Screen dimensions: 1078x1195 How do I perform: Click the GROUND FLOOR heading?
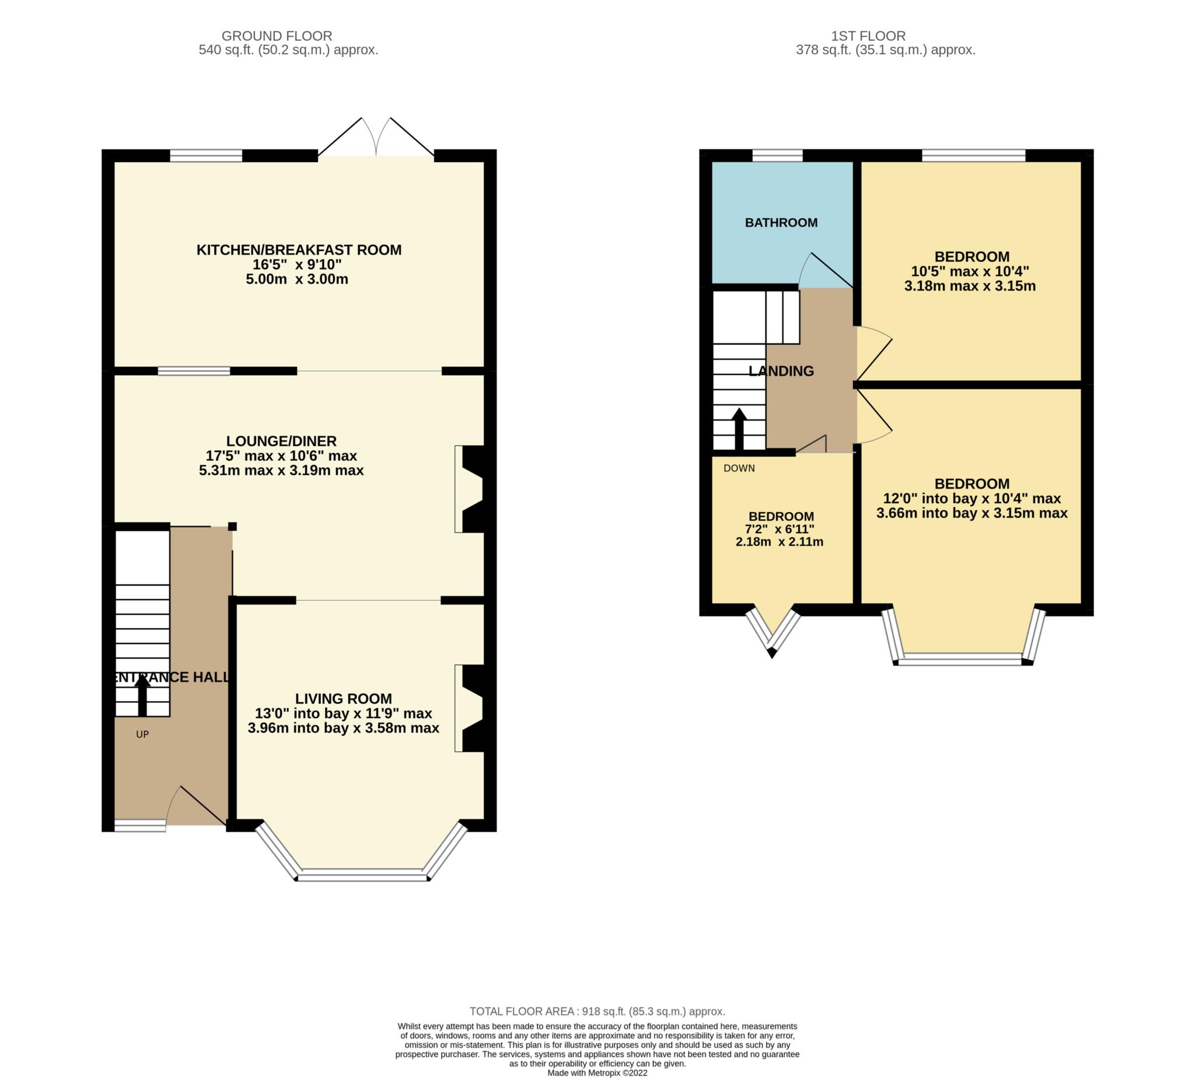[276, 36]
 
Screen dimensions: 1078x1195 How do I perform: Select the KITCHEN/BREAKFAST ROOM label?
[299, 250]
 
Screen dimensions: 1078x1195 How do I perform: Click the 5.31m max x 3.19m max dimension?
[281, 470]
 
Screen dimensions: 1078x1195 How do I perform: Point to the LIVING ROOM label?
[343, 698]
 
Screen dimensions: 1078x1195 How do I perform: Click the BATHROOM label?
[780, 223]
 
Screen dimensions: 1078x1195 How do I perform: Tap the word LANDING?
[780, 371]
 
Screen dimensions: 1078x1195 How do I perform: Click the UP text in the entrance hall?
[142, 734]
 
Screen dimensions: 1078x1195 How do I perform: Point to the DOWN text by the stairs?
[738, 468]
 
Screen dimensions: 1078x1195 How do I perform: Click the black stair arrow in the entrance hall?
[142, 696]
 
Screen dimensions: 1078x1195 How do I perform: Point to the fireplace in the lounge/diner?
[471, 489]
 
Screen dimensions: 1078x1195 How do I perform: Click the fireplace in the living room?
[471, 708]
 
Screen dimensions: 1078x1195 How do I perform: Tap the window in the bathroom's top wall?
[777, 155]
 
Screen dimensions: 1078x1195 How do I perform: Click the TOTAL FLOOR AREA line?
[596, 1011]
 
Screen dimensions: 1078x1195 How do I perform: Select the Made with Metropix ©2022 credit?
[596, 1073]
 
